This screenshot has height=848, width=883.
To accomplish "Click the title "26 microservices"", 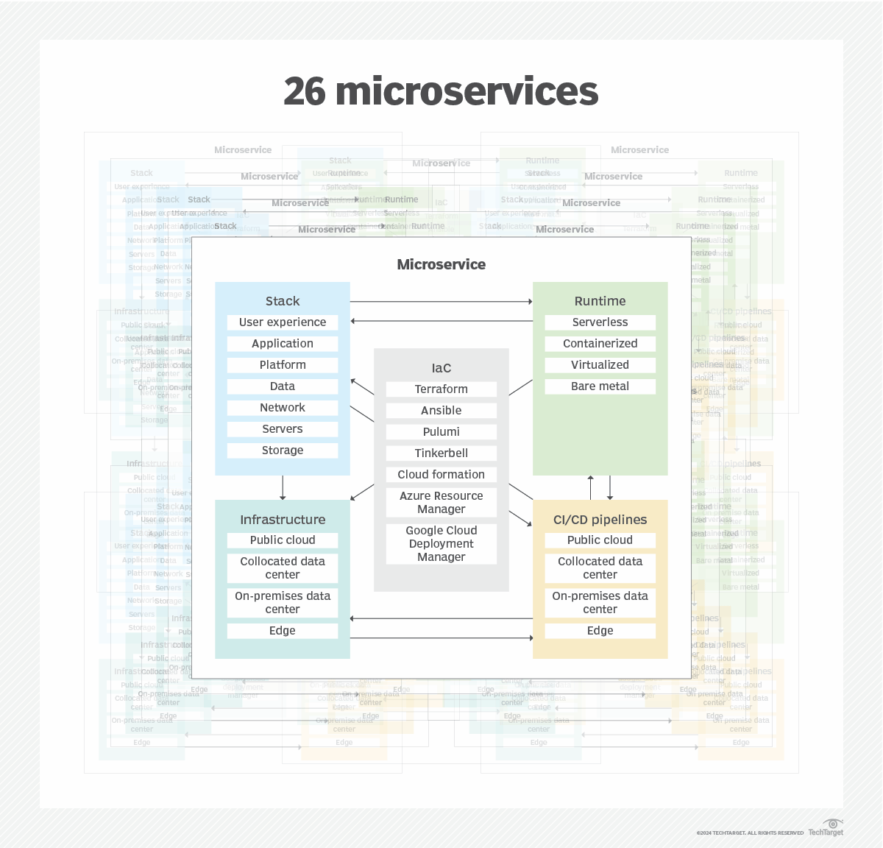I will [x=441, y=91].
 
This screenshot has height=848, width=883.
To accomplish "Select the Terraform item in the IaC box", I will [x=441, y=389].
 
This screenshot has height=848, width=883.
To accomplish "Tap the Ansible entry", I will [x=441, y=411].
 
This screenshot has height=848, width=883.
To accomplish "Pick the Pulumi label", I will [x=441, y=432].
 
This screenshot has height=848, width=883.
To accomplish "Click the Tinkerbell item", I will [x=441, y=453].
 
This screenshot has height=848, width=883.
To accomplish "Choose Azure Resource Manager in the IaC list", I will [x=441, y=502].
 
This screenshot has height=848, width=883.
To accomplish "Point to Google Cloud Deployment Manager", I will [x=441, y=543].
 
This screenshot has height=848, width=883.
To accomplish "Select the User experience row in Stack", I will [x=283, y=322].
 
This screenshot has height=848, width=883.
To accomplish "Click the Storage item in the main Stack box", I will [x=283, y=451].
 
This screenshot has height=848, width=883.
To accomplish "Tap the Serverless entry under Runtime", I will [x=600, y=322].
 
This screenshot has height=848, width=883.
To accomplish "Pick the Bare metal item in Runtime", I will [x=600, y=386].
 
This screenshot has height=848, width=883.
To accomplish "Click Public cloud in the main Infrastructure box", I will [x=283, y=540].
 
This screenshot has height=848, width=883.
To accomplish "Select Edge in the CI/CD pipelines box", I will [x=600, y=631].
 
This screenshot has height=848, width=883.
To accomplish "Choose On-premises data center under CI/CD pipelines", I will [x=600, y=602].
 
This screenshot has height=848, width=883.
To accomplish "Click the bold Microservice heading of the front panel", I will [x=441, y=264].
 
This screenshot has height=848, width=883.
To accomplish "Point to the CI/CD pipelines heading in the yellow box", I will [x=600, y=520].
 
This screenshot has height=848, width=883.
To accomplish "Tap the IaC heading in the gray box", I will [x=441, y=368].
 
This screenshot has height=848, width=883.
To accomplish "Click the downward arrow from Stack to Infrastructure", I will [x=283, y=487].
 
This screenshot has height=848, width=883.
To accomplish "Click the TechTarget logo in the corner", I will [x=826, y=828].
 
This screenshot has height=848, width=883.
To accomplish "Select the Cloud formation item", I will [x=441, y=475].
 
